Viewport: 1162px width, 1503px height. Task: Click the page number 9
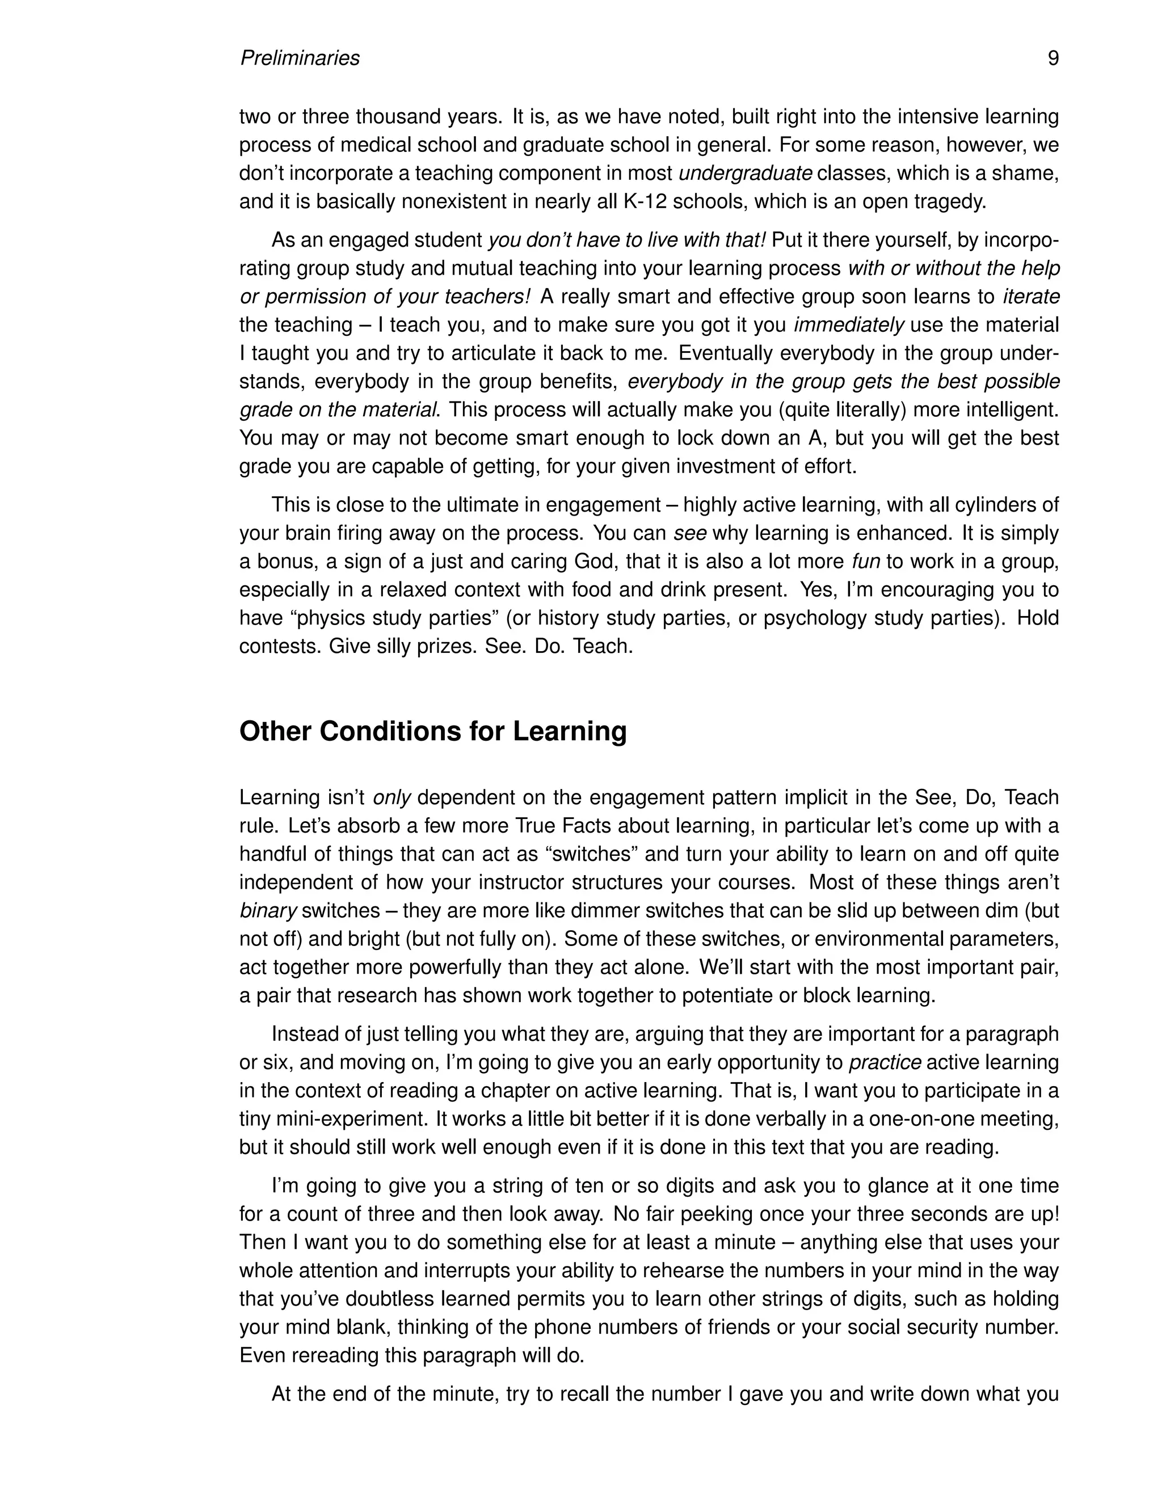(x=1052, y=58)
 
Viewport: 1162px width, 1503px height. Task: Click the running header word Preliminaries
(x=300, y=58)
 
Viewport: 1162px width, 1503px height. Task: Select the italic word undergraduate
(x=746, y=174)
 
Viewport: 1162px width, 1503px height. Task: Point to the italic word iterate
(x=1030, y=297)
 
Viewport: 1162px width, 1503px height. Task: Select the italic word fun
(x=866, y=561)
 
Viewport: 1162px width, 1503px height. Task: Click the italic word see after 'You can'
(x=690, y=533)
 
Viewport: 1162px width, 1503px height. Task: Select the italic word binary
(x=268, y=910)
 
